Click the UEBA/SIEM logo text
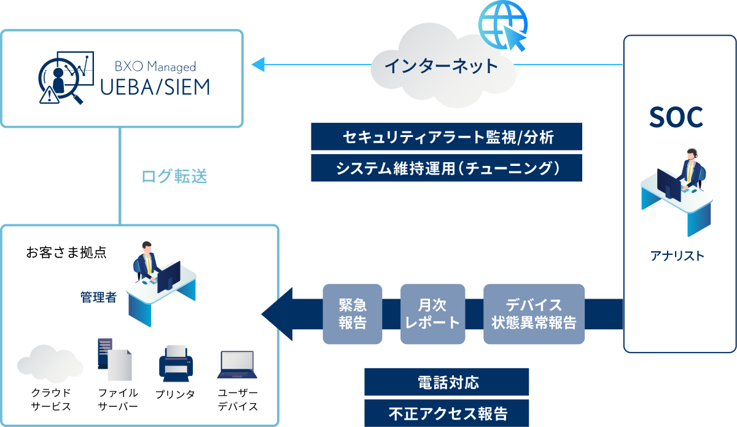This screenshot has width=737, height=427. coord(155,87)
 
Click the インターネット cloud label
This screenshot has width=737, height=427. coord(441,66)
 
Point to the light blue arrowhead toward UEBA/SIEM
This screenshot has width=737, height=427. coord(258,64)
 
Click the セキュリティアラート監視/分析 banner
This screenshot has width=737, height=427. coord(446,137)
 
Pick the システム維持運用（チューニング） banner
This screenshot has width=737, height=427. coord(446,168)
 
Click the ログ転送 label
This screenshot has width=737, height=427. coord(174,177)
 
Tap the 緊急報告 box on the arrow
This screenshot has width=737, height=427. coord(353,313)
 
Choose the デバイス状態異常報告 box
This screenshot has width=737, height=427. coord(534,313)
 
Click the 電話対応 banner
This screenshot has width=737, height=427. coord(446,382)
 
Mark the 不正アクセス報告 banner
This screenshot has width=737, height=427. coord(446,413)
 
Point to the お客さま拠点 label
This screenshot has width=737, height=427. coord(66,252)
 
